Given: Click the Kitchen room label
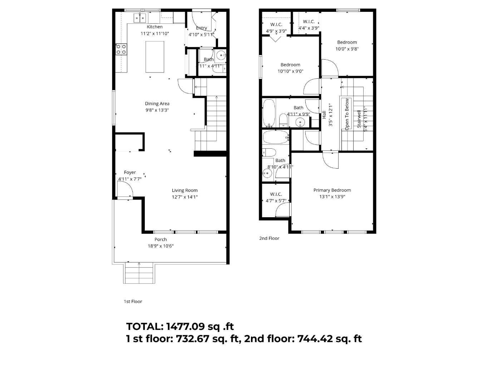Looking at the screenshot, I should pyautogui.click(x=154, y=27).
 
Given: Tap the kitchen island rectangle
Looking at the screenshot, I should pyautogui.click(x=155, y=57).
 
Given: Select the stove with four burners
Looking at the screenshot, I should pyautogui.click(x=121, y=49).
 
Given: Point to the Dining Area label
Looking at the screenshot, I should pyautogui.click(x=157, y=104).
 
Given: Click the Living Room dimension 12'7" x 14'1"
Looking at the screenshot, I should pyautogui.click(x=184, y=197).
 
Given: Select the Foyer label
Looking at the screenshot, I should pyautogui.click(x=130, y=172).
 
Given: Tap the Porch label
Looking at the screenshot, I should pyautogui.click(x=161, y=239).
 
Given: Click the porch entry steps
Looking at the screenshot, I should pyautogui.click(x=139, y=273).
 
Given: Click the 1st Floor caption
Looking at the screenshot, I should pyautogui.click(x=133, y=301).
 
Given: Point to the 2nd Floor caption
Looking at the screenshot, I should pyautogui.click(x=269, y=238).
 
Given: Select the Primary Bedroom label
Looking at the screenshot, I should pyautogui.click(x=332, y=190).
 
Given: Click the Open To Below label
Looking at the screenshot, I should pyautogui.click(x=346, y=114).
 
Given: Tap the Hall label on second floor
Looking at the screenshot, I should pyautogui.click(x=324, y=115).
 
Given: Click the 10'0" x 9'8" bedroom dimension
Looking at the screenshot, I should pyautogui.click(x=347, y=49).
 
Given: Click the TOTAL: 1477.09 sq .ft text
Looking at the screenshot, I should pyautogui.click(x=180, y=326).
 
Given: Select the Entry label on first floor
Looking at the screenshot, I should pyautogui.click(x=201, y=28).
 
